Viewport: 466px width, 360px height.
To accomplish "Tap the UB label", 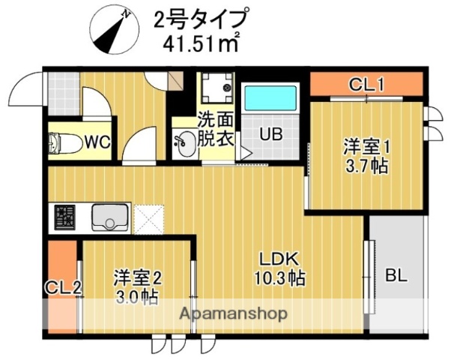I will point(270,136).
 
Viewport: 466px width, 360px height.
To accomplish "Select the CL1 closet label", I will point(367,85).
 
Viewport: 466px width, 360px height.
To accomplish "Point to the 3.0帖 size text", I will point(137,297).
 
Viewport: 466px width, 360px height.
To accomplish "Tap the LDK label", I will point(279,259).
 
